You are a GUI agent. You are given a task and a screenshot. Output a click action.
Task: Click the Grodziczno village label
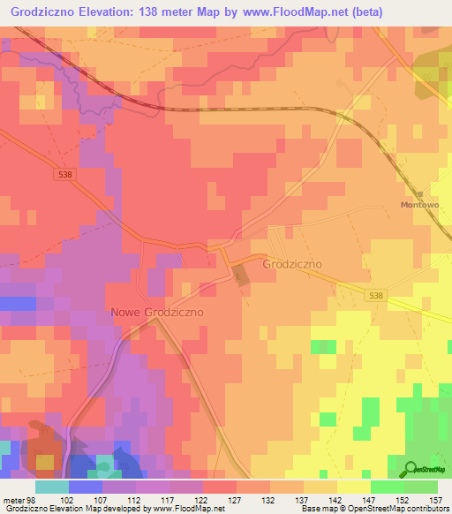coord(292,263)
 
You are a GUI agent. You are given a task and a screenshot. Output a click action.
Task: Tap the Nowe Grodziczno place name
coord(157,313)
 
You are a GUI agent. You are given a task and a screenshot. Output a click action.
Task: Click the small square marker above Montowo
coord(421,193)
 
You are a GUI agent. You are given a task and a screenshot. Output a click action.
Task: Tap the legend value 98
coord(33,500)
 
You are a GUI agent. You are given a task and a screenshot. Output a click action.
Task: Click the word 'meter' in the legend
coord(12,500)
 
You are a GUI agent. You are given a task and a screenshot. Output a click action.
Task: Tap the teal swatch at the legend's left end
coord(51,487)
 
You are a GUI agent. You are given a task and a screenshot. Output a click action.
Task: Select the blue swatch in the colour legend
coord(85,487)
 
